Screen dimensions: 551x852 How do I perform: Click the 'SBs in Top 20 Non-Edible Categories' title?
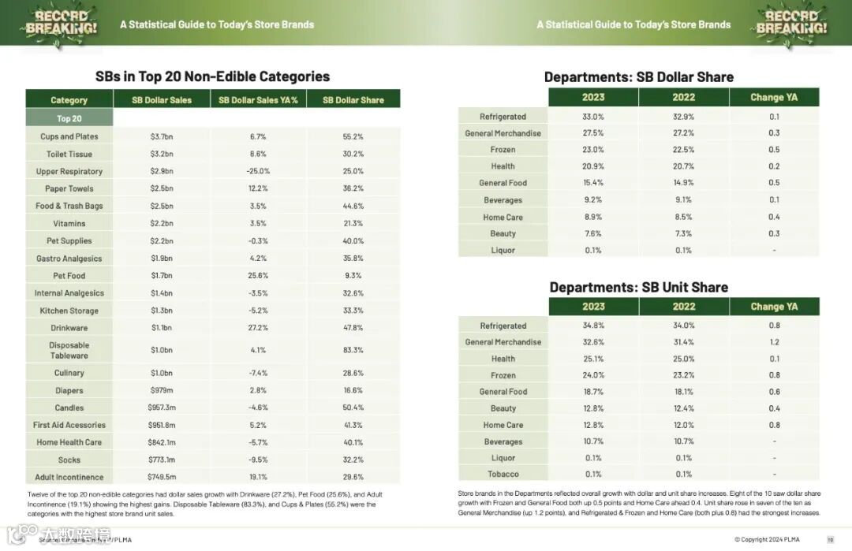click(x=212, y=76)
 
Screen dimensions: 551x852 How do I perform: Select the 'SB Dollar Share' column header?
click(x=353, y=100)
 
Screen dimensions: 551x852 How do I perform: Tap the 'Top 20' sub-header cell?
click(x=69, y=118)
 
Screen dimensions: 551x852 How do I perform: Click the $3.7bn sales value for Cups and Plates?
click(x=162, y=136)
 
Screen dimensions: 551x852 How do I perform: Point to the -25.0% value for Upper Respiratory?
click(x=258, y=171)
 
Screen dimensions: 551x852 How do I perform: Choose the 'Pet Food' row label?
click(x=69, y=275)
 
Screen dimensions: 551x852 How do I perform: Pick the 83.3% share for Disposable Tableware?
click(x=353, y=350)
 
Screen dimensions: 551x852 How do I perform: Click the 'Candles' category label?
click(x=69, y=408)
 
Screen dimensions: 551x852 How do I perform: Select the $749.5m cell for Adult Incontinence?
click(x=162, y=477)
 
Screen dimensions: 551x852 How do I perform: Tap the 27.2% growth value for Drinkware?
click(x=258, y=327)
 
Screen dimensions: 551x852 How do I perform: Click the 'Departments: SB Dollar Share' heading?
click(x=639, y=76)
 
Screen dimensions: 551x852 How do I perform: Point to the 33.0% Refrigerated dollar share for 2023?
click(x=593, y=117)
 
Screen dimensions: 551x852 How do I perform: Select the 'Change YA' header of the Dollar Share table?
click(x=774, y=97)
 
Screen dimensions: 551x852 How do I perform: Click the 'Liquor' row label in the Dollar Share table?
click(x=503, y=250)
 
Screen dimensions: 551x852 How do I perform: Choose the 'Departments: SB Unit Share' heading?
click(x=639, y=287)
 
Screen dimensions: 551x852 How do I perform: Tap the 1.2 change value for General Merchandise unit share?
click(x=774, y=342)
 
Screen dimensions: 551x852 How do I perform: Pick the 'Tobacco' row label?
click(x=503, y=474)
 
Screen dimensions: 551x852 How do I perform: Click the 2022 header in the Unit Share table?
click(x=684, y=307)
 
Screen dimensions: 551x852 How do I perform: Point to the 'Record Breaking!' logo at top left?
click(x=62, y=23)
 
